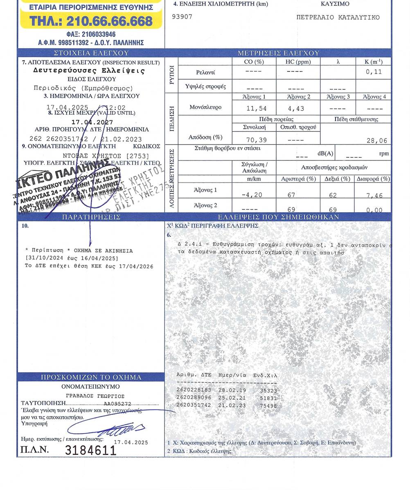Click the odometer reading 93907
click(x=182, y=17)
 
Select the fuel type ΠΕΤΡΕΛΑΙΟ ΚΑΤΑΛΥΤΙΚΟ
click(x=338, y=18)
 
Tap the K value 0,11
click(x=374, y=71)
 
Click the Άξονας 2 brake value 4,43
click(x=296, y=109)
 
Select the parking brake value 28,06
click(x=377, y=140)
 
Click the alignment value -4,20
click(x=252, y=195)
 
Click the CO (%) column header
click(x=254, y=62)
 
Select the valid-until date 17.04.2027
click(x=92, y=122)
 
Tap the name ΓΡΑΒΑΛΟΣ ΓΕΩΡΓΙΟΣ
click(x=95, y=396)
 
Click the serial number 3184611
click(x=91, y=450)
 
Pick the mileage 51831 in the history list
click(x=268, y=398)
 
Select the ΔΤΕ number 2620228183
click(x=194, y=390)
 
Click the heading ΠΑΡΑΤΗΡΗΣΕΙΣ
click(x=91, y=217)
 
